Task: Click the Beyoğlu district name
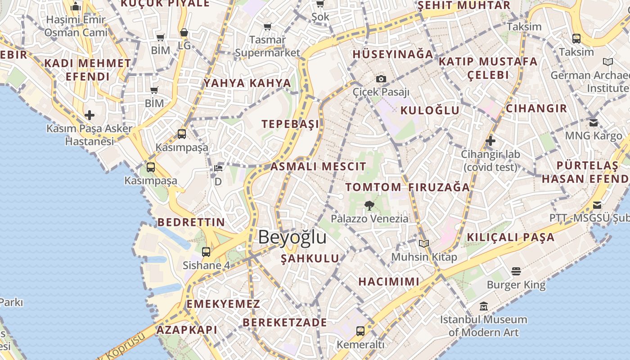292,237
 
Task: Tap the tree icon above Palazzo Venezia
369,206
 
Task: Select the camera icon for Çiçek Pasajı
381,79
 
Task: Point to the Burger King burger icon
516,271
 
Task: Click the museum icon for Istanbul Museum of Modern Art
484,306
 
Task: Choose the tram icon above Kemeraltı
360,331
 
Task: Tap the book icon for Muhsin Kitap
423,244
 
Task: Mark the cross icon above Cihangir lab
490,141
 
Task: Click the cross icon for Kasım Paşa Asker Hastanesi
90,115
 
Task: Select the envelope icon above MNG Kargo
594,122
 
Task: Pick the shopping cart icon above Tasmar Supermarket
268,27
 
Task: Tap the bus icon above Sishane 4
206,252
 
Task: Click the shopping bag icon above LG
184,32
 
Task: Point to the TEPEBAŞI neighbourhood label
290,124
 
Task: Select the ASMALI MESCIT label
319,166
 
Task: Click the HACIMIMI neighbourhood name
389,282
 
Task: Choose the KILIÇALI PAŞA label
510,237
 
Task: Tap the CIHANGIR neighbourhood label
536,108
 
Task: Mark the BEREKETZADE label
285,323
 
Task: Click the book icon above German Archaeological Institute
608,62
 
